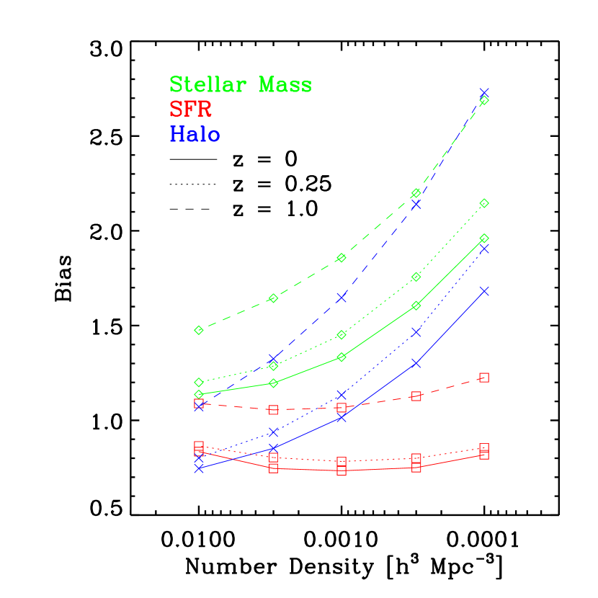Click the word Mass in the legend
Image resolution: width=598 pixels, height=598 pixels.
pyautogui.click(x=285, y=85)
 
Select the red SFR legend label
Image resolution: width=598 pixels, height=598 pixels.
pyautogui.click(x=190, y=110)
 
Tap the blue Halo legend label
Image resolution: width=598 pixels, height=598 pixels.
pyautogui.click(x=195, y=135)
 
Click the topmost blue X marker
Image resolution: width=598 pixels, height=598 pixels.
pyautogui.click(x=484, y=93)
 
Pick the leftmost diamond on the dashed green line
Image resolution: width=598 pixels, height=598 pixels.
pyautogui.click(x=199, y=330)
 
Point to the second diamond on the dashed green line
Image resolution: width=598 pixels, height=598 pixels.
pyautogui.click(x=274, y=298)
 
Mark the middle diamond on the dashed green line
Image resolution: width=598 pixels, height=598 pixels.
pyautogui.click(x=342, y=258)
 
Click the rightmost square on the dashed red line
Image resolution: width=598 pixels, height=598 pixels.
pyautogui.click(x=484, y=378)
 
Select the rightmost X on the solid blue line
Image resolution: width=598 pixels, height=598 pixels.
pyautogui.click(x=484, y=291)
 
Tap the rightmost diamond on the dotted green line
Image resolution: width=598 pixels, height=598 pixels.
pyautogui.click(x=484, y=203)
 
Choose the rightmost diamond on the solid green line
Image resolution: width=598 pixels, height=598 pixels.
pyautogui.click(x=484, y=238)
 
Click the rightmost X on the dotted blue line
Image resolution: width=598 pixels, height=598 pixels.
pyautogui.click(x=484, y=249)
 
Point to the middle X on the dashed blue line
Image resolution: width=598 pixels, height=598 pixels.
pyautogui.click(x=342, y=297)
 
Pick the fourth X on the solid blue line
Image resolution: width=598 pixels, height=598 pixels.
pyautogui.click(x=416, y=363)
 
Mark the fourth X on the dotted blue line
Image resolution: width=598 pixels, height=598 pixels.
pyautogui.click(x=416, y=331)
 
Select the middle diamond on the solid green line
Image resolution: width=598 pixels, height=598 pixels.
pyautogui.click(x=342, y=357)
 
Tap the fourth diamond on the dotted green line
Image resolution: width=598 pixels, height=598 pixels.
pyautogui.click(x=416, y=277)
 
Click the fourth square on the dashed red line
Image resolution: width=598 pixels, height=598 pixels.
pyautogui.click(x=416, y=396)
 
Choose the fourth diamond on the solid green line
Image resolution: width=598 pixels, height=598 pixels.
pyautogui.click(x=416, y=306)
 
